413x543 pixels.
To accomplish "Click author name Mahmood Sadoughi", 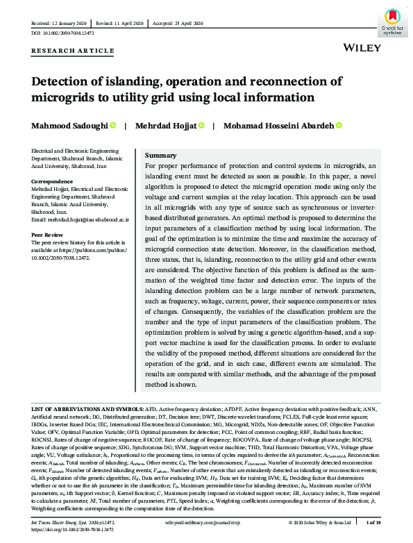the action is tap(68, 126).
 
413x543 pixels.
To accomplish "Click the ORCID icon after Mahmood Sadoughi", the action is tap(112, 126).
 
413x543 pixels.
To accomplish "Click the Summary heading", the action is tap(160, 155).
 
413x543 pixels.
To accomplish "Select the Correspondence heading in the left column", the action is tap(53, 181).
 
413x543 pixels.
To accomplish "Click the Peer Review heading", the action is tap(49, 235).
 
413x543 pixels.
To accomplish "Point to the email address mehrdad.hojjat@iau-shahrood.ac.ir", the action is tap(81, 219).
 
